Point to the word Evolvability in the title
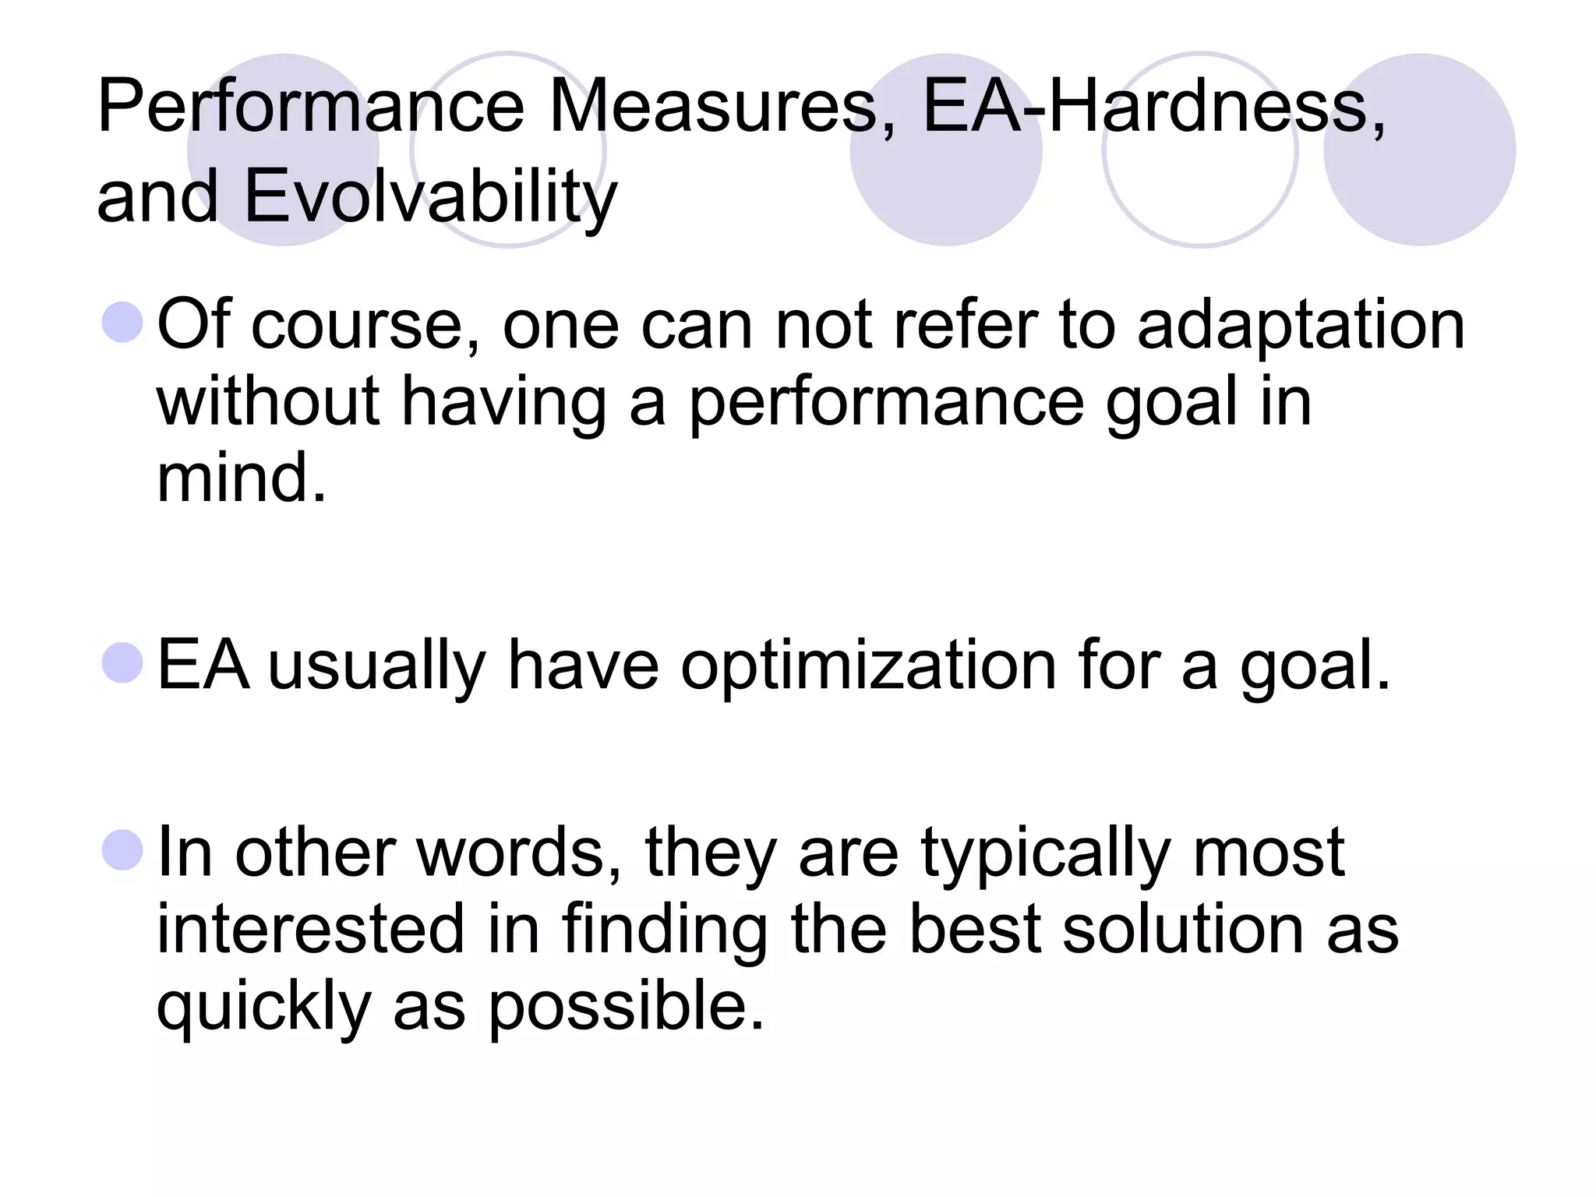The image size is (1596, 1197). point(430,196)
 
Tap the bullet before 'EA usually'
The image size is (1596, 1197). point(123,662)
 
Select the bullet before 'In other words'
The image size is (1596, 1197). point(123,850)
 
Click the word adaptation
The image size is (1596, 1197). point(1301,326)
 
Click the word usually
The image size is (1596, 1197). point(377,666)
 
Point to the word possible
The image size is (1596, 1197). point(626,1005)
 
